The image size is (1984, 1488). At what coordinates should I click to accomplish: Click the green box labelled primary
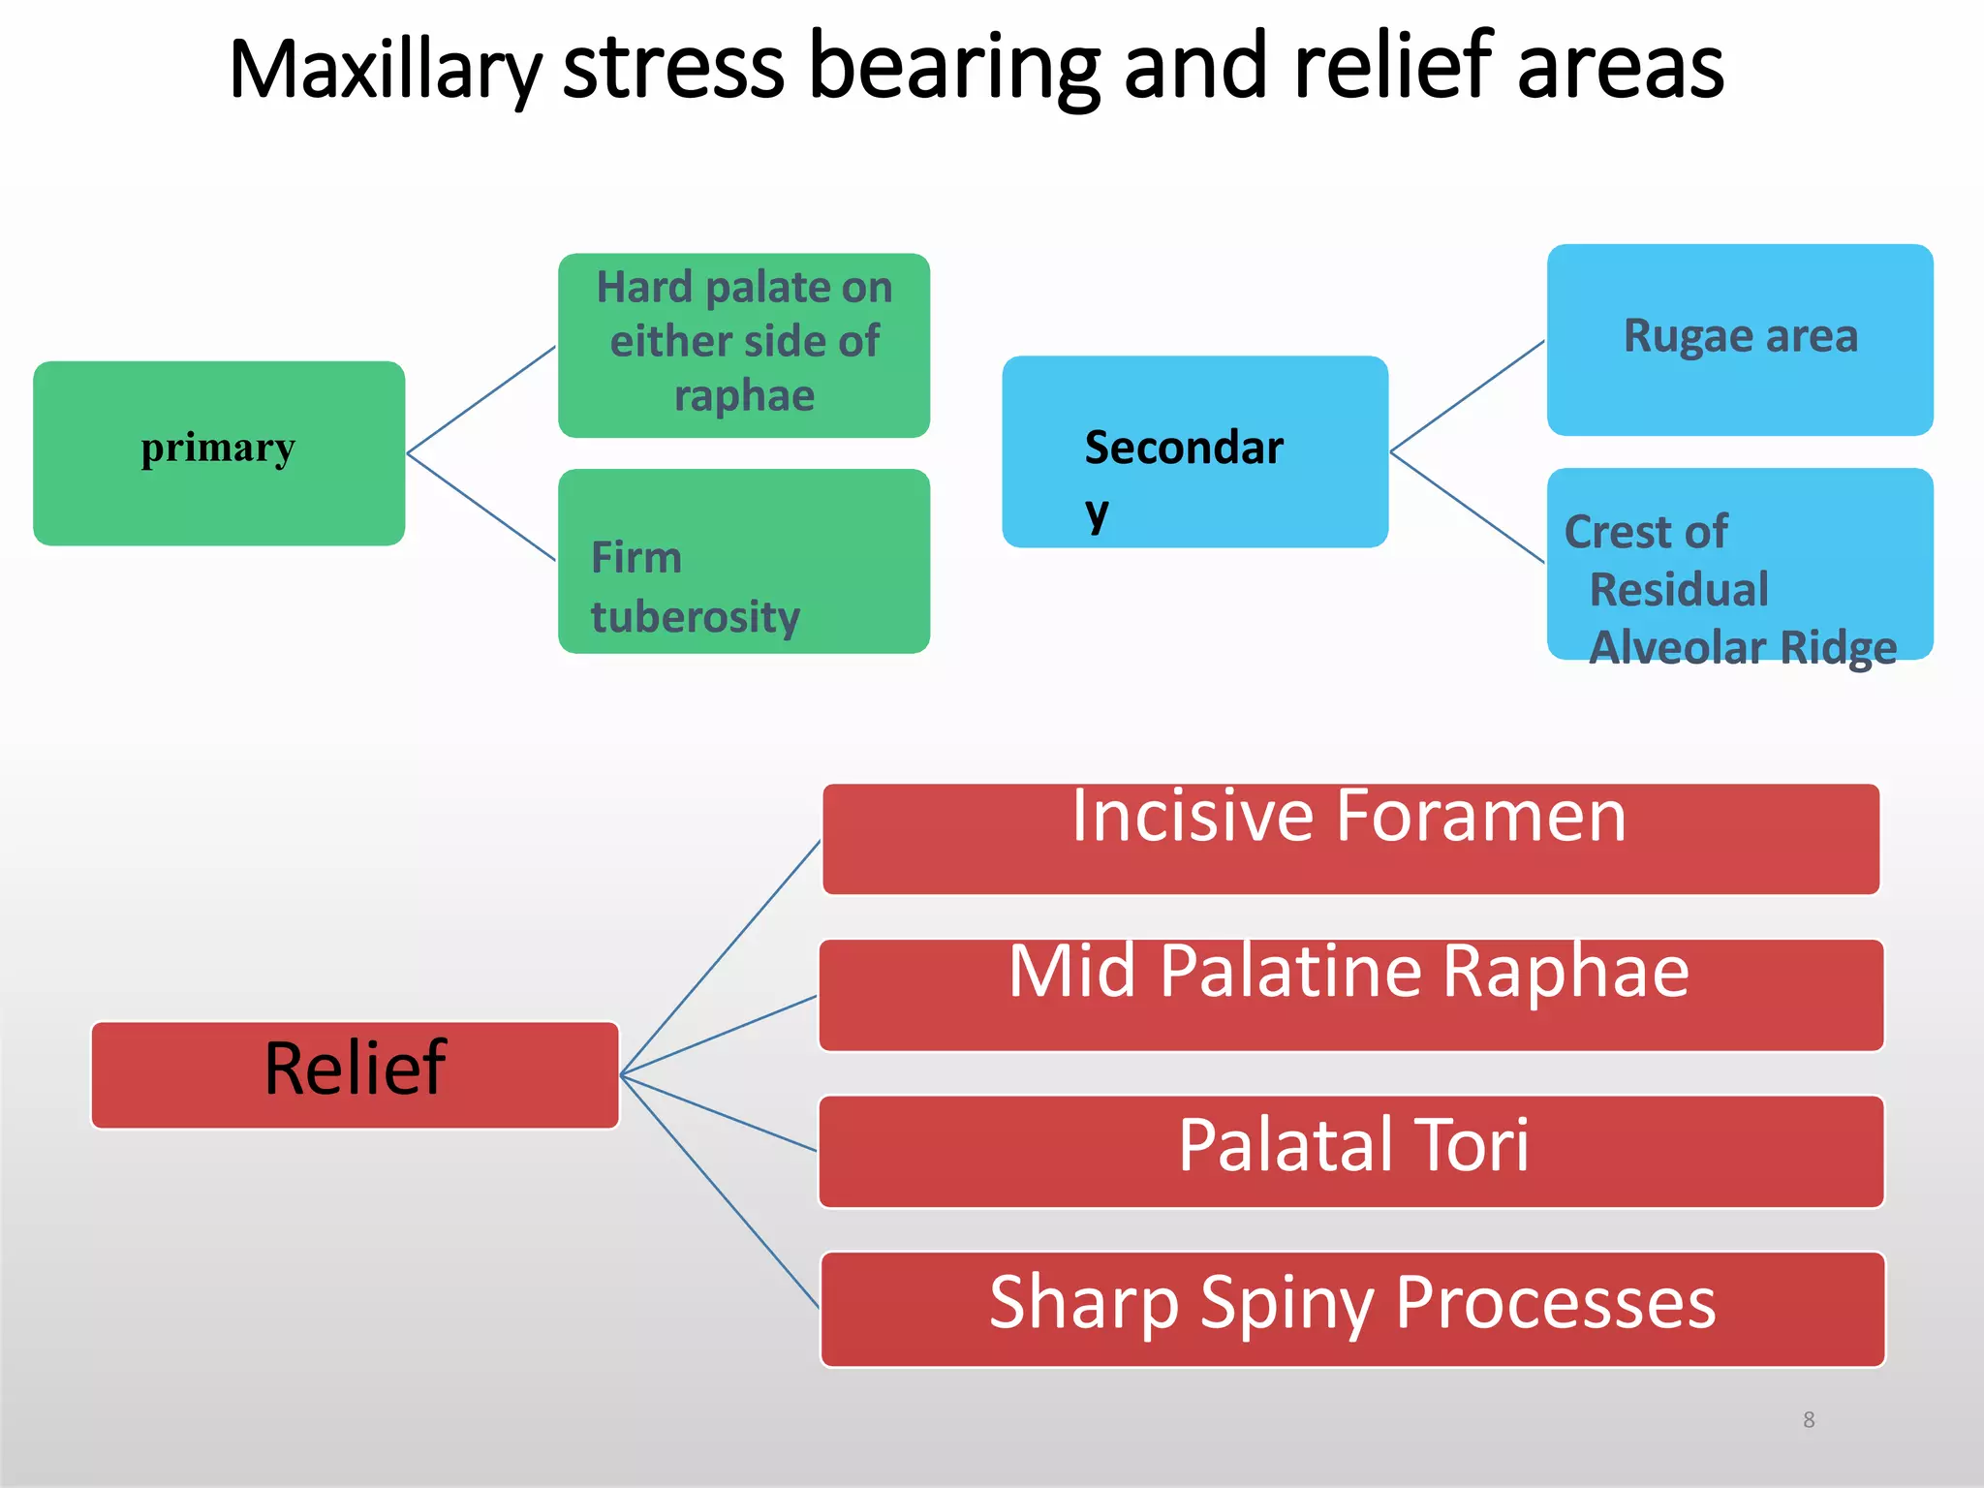point(219,453)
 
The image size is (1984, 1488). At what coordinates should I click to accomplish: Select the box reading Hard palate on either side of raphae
point(744,345)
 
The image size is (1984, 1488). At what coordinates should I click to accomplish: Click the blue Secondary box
point(1194,451)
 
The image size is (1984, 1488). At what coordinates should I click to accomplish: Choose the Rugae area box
point(1740,339)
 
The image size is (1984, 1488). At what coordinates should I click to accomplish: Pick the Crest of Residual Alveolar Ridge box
point(1740,565)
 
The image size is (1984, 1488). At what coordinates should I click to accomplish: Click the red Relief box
point(355,1074)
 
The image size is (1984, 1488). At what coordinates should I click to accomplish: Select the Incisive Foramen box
point(1350,839)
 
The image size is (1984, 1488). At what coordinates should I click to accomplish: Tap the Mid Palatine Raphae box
point(1350,995)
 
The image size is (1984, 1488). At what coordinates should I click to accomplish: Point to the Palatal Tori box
point(1350,1151)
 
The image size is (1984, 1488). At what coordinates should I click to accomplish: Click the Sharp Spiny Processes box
point(1352,1309)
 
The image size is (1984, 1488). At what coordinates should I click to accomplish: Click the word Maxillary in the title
point(385,70)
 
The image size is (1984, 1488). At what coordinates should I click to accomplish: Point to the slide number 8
point(1809,1420)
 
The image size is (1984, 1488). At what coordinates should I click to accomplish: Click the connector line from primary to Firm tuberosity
point(481,507)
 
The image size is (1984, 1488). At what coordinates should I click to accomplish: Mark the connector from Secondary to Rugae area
point(1467,396)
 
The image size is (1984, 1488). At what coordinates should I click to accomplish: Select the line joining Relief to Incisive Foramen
point(721,957)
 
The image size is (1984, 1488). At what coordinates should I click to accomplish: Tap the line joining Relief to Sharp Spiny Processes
point(721,1193)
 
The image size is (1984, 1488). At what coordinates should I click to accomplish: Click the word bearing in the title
point(953,70)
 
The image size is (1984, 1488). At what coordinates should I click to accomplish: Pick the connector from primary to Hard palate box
point(481,400)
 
